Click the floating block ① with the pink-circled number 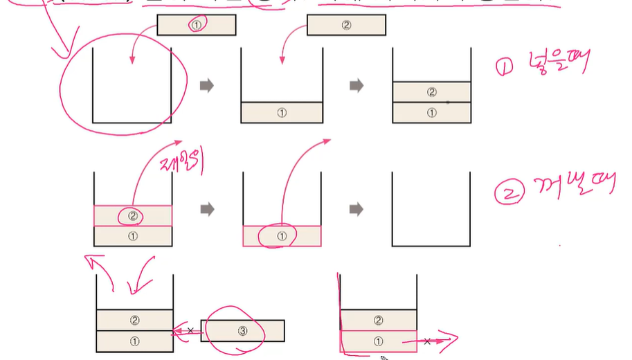pyautogui.click(x=197, y=25)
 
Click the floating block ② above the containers pyautogui.click(x=346, y=25)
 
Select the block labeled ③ pyautogui.click(x=242, y=331)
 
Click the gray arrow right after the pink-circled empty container pyautogui.click(x=206, y=86)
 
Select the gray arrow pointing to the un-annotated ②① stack pyautogui.click(x=356, y=86)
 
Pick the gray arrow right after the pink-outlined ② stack pyautogui.click(x=206, y=208)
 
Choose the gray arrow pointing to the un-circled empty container pyautogui.click(x=356, y=208)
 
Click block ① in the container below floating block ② pyautogui.click(x=282, y=113)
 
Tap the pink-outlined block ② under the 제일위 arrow pyautogui.click(x=132, y=215)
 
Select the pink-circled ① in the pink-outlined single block pyautogui.click(x=280, y=237)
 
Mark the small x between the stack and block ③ pyautogui.click(x=190, y=331)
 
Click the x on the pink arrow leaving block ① pyautogui.click(x=428, y=341)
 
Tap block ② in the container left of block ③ pyautogui.click(x=134, y=320)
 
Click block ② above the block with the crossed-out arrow pyautogui.click(x=378, y=320)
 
